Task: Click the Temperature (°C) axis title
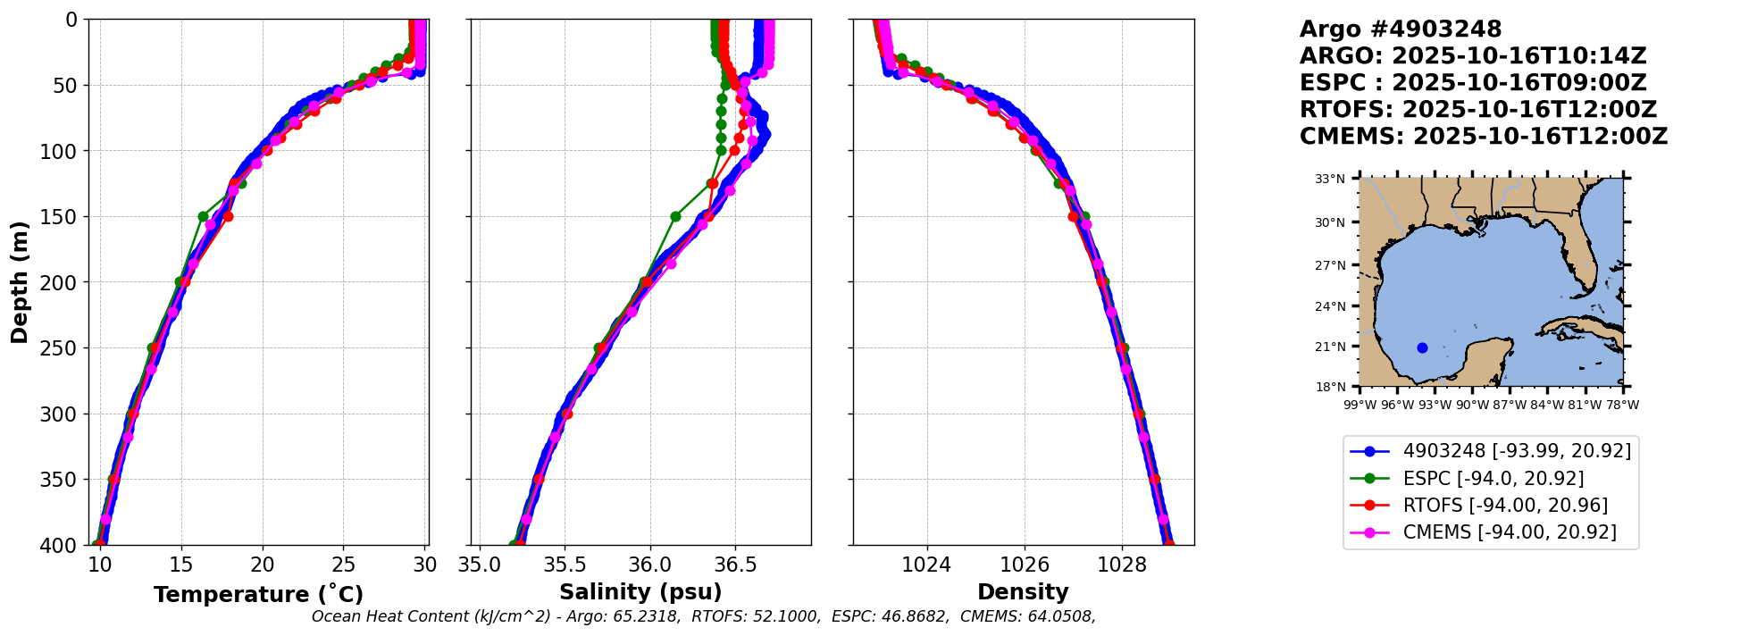[x=258, y=594]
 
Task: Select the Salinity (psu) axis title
[x=640, y=592]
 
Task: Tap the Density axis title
[x=1023, y=592]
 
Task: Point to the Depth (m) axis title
[x=20, y=281]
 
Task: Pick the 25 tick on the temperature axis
[x=344, y=565]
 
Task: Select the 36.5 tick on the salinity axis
[x=735, y=565]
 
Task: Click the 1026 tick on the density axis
[x=1024, y=565]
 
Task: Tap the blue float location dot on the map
[x=1422, y=347]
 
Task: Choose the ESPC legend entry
[x=1493, y=479]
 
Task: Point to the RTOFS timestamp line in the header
[x=1478, y=110]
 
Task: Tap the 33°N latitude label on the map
[x=1329, y=180]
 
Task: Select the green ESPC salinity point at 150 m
[x=675, y=216]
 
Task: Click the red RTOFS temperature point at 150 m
[x=228, y=216]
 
